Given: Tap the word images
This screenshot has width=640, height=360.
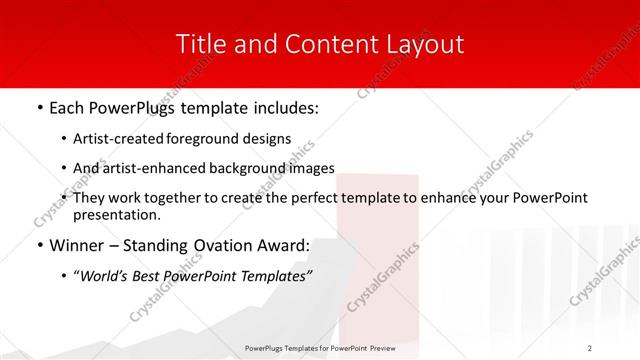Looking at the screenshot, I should click(309, 168).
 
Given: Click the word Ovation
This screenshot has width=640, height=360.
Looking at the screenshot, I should click(216, 245).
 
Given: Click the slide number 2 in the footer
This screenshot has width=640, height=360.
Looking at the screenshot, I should click(590, 347).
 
